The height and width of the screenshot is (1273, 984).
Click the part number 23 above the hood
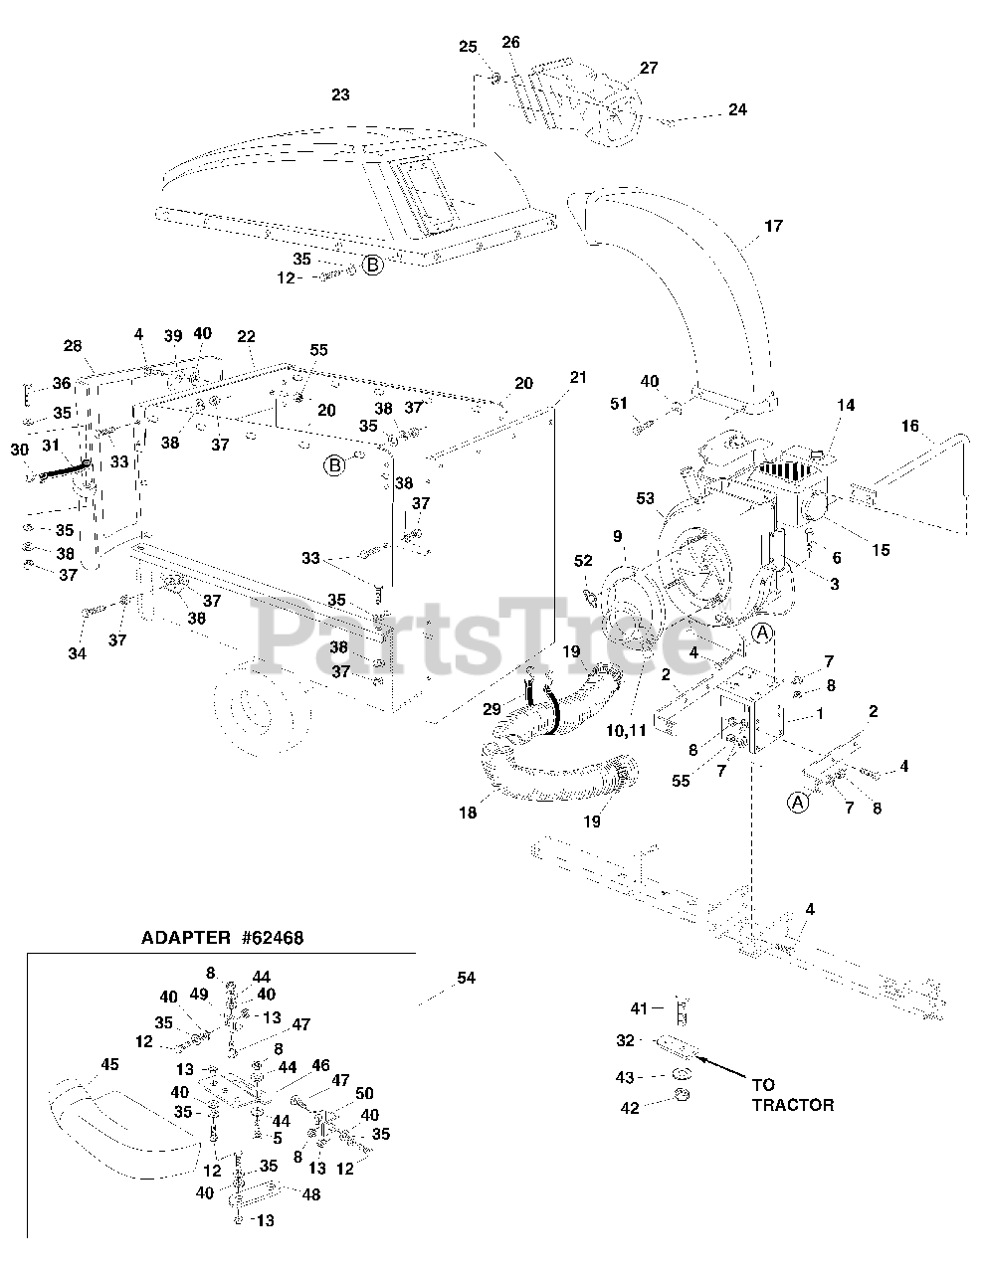click(340, 94)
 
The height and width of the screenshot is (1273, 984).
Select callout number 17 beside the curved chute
click(773, 227)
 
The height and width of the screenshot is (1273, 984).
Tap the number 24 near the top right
click(737, 110)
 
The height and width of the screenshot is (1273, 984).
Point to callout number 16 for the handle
click(910, 427)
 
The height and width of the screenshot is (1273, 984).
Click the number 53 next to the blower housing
click(645, 497)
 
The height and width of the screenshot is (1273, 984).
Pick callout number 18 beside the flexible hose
click(468, 813)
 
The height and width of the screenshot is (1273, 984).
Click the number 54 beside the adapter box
click(466, 979)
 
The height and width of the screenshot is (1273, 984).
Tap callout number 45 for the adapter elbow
click(108, 1065)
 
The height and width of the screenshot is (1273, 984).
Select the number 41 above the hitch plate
click(639, 1008)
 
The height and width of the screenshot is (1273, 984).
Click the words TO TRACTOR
click(792, 1094)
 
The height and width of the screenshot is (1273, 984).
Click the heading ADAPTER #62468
click(222, 937)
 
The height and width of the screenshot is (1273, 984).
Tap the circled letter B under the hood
click(371, 265)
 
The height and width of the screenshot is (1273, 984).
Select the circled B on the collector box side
click(335, 464)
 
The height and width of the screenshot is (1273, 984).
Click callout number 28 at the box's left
click(73, 346)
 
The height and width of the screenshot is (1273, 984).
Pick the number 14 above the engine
click(846, 406)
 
